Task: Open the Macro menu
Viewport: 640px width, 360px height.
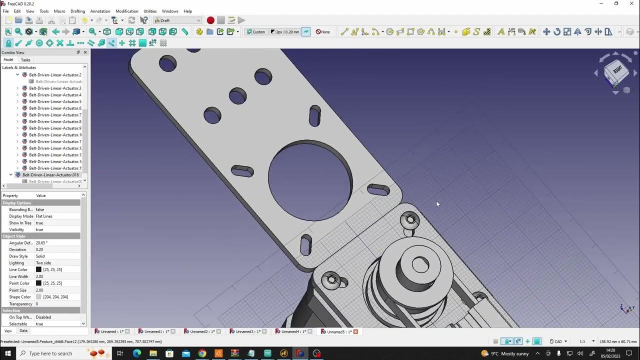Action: [x=59, y=11]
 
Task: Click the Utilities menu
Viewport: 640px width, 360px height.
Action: [x=150, y=11]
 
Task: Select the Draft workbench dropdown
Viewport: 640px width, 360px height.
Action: [x=177, y=20]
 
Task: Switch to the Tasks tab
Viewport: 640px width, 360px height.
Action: [x=25, y=60]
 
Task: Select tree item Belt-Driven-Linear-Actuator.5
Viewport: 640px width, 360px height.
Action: [x=55, y=101]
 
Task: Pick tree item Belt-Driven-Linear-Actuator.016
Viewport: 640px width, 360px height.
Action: [x=50, y=175]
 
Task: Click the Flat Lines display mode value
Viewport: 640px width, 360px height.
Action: [x=44, y=216]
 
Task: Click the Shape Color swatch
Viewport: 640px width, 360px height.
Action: [x=38, y=297]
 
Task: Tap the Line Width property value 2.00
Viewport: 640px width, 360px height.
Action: [x=39, y=276]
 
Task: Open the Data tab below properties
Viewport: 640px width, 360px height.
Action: [x=23, y=331]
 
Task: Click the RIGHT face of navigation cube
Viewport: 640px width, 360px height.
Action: [x=617, y=70]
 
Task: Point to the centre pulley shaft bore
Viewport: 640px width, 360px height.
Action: [x=420, y=265]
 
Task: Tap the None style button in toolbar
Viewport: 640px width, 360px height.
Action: [x=322, y=32]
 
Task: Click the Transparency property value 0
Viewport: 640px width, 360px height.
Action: [x=37, y=304]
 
